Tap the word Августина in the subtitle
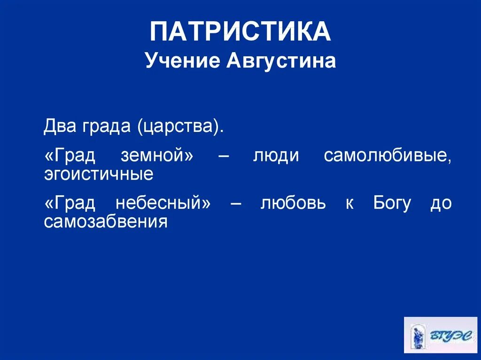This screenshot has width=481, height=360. pos(281,61)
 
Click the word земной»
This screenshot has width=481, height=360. pos(157,156)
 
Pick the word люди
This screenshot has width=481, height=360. pos(276,156)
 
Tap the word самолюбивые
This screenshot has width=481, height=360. pos(388,156)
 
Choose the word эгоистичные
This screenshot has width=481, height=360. pos(99,175)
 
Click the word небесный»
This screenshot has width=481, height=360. pos(162,203)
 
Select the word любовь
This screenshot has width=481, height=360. pos(293,203)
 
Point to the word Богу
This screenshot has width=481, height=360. pos(392,203)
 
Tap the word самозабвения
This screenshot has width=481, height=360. pos(106,221)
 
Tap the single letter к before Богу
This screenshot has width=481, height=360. pos(349,204)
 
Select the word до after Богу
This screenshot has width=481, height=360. pos(441,204)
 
